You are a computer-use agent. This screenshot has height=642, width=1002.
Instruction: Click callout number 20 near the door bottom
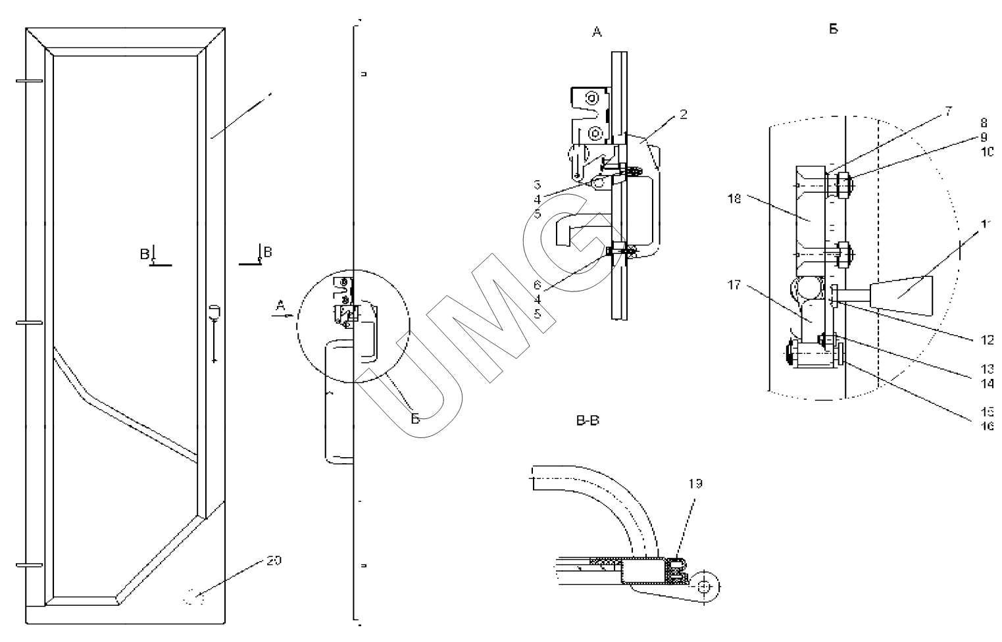[x=274, y=560]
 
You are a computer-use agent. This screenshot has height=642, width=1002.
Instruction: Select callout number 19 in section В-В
[x=695, y=483]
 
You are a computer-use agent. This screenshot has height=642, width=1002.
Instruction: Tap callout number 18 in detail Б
[x=734, y=198]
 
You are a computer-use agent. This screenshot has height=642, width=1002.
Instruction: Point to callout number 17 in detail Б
[x=734, y=285]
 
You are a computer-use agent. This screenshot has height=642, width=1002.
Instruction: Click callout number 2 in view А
[x=684, y=114]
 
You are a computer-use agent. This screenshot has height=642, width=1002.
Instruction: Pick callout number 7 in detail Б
[x=948, y=112]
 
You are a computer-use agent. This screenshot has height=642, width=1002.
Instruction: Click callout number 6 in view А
[x=537, y=285]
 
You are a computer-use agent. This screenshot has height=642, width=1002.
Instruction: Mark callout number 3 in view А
[x=537, y=185]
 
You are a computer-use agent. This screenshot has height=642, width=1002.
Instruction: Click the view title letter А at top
[x=597, y=32]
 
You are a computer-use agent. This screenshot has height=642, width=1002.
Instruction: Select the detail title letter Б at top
[x=834, y=29]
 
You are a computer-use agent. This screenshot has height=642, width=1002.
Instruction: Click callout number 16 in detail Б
[x=988, y=426]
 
